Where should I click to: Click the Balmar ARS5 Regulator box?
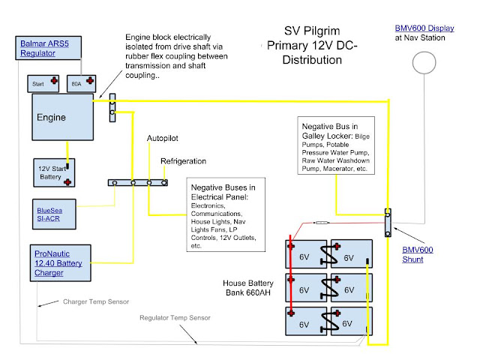(x=48, y=48)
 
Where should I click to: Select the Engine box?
(x=63, y=117)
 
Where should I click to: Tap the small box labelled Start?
(x=43, y=83)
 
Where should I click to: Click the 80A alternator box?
(x=82, y=83)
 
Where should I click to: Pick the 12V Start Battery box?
(x=54, y=172)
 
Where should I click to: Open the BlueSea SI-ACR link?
(x=49, y=214)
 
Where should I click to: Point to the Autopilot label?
(x=162, y=138)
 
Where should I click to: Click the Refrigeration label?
(x=183, y=161)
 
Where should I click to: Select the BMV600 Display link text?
(x=424, y=28)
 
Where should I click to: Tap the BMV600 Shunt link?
(x=418, y=255)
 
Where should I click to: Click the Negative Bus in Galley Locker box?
(x=336, y=145)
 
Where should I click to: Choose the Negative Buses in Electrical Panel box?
(x=226, y=214)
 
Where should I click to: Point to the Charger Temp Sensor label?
(x=96, y=301)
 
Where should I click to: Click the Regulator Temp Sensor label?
(x=175, y=318)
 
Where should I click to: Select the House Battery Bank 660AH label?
(x=248, y=288)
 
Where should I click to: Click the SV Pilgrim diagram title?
(x=312, y=45)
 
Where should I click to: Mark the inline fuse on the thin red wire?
(x=321, y=223)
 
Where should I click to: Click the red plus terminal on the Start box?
(x=54, y=80)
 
